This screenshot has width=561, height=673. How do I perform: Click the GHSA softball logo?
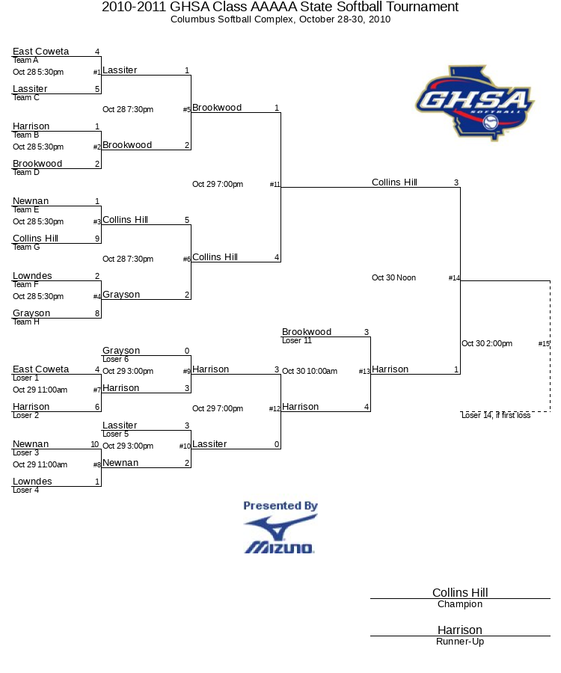coord(475,103)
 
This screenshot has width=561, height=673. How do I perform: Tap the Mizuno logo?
coord(280,535)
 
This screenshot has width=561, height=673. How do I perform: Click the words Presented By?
coord(280,505)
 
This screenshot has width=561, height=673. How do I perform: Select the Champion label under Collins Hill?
coord(460,604)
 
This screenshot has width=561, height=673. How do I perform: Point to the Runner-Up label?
coord(460,642)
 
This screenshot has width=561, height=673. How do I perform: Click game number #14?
coord(454,277)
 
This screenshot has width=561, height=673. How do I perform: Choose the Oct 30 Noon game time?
coord(393,277)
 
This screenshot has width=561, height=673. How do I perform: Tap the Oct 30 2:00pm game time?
coord(487,343)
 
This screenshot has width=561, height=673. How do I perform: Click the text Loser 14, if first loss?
coord(496,415)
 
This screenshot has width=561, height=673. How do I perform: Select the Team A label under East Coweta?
coord(25,60)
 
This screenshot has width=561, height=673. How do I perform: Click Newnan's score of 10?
coord(95,444)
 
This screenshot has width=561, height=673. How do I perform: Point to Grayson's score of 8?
coord(97,313)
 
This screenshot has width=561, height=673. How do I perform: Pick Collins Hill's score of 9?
coord(97,239)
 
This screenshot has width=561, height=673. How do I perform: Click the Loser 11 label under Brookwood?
coord(297,340)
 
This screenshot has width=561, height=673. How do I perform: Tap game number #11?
coord(275,184)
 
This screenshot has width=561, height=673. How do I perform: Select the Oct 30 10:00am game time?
coord(310,371)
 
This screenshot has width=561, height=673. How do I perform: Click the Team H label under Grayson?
coord(26,322)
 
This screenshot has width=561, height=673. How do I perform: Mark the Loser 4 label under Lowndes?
coord(25,490)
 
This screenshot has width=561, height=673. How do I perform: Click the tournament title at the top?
coord(280,7)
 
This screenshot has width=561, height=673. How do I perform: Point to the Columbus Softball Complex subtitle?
coord(280,19)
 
